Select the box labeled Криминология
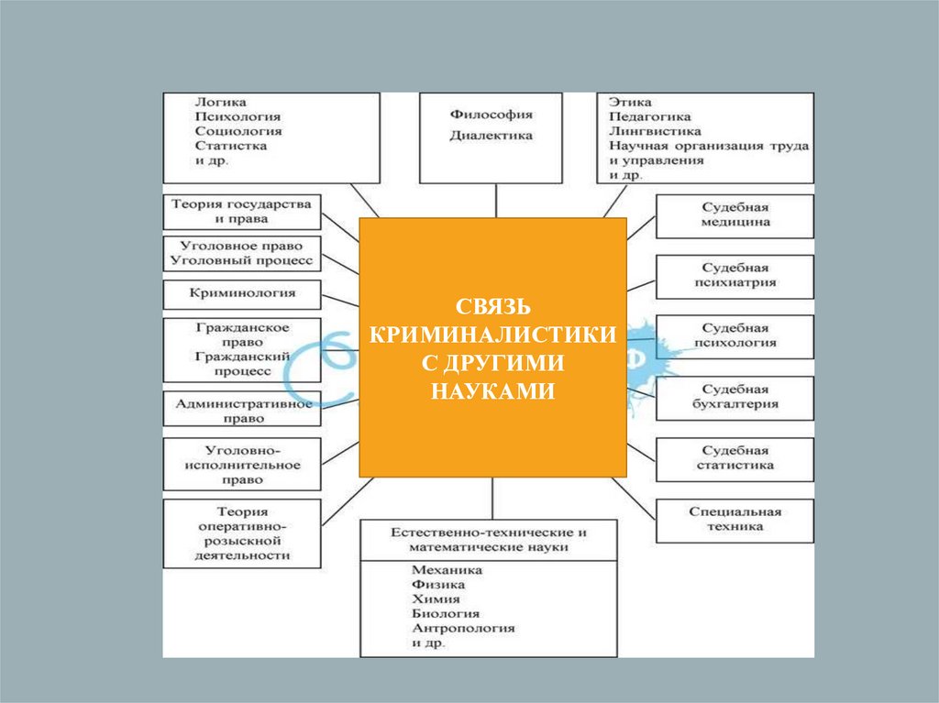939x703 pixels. pos(242,294)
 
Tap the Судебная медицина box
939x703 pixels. pos(735,215)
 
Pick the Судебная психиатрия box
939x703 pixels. pos(735,276)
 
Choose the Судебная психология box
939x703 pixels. pos(735,335)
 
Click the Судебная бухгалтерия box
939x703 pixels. pos(735,396)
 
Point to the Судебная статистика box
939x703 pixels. pos(735,458)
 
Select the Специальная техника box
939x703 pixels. pos(735,519)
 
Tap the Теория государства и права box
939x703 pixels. pos(242,212)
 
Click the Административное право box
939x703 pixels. pos(242,410)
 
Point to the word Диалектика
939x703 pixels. pos(492,136)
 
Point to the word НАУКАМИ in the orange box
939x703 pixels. pos(492,390)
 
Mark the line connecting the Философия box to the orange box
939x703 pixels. pos(496,200)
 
